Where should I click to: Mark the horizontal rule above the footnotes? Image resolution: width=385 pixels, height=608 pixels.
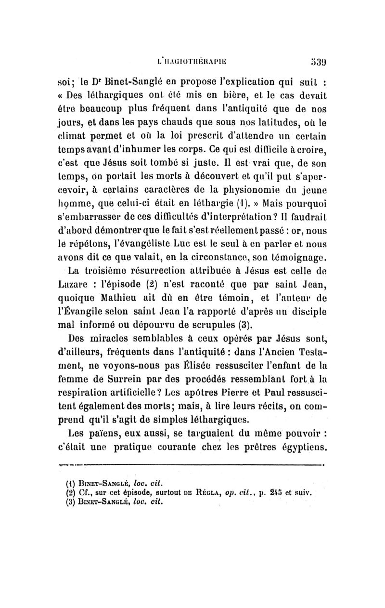pos(192,465)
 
